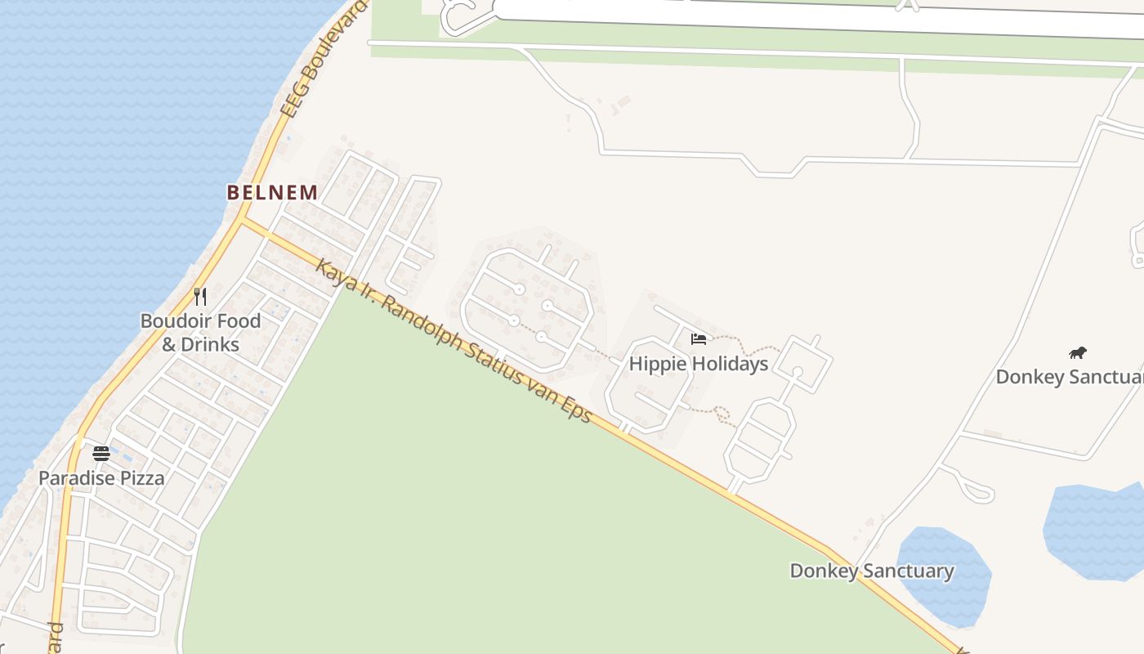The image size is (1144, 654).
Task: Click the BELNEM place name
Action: (272, 193)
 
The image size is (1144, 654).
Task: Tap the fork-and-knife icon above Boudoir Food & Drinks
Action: (200, 296)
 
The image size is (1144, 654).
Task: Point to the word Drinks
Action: (212, 344)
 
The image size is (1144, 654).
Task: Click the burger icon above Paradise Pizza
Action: (101, 454)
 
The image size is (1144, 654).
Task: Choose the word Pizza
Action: (144, 478)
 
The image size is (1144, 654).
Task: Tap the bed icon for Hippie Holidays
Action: (699, 339)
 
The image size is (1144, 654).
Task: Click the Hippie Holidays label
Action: (699, 364)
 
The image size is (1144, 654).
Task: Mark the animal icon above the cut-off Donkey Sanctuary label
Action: (1078, 353)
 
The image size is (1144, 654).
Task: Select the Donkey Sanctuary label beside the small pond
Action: (871, 571)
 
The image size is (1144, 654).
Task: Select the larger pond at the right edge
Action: (1095, 531)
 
